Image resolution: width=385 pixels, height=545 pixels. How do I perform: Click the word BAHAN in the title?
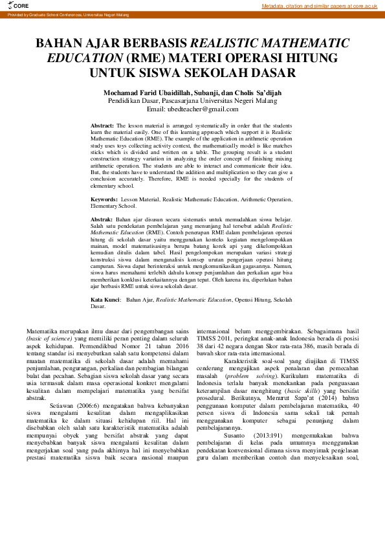pyautogui.click(x=60, y=45)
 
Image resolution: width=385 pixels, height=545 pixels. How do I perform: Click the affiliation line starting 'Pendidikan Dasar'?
pyautogui.click(x=192, y=101)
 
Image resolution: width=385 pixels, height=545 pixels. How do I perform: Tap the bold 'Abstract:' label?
pyautogui.click(x=102, y=125)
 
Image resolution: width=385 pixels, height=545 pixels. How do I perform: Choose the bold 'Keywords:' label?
pyautogui.click(x=104, y=200)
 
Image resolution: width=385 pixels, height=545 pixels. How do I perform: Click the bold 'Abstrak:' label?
pyautogui.click(x=102, y=219)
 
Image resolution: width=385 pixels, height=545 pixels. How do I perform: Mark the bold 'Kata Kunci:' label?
pyautogui.click(x=105, y=300)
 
